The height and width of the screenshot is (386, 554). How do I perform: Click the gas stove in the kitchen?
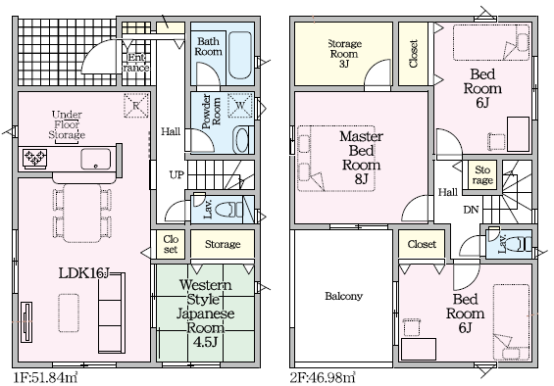point(34,157)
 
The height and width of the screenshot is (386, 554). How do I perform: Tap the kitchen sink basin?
point(95,159)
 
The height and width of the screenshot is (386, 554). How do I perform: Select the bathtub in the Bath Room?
point(240,56)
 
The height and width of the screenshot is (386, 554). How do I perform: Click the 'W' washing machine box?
point(240,105)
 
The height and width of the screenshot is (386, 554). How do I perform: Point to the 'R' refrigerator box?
point(136,105)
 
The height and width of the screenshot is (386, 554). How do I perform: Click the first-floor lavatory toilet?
point(227,210)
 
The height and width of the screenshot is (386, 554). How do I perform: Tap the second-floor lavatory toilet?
point(520,244)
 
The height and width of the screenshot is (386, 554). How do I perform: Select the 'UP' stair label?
point(176,174)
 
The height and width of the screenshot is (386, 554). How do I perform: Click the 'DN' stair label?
point(471,210)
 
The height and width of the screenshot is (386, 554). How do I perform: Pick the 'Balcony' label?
point(344,296)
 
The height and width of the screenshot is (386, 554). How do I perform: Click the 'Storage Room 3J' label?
point(344,54)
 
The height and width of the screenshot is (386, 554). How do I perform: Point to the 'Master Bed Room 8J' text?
point(361,158)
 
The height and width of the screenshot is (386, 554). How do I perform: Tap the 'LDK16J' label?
point(84,273)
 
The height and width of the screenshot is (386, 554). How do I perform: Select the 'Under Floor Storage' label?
point(67,124)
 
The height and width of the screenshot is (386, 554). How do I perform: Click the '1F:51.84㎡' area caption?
point(45,378)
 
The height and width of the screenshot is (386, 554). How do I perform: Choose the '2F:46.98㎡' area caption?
point(323,378)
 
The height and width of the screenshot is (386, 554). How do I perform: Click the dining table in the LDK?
point(82,213)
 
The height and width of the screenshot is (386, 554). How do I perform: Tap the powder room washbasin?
point(241,140)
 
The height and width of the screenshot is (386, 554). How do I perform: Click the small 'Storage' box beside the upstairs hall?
point(482,175)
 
